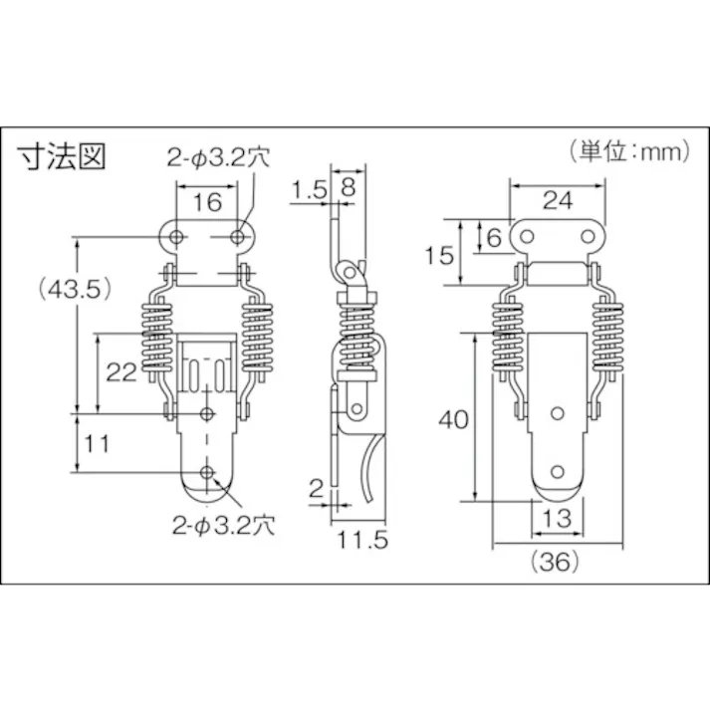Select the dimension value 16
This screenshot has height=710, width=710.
207,202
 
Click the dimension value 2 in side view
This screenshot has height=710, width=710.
315,487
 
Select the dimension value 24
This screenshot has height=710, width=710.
559,200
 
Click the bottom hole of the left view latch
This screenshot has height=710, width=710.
207,472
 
